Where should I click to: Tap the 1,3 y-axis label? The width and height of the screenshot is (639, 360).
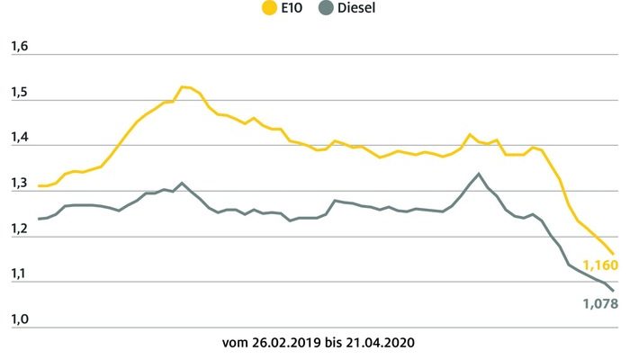[19, 183]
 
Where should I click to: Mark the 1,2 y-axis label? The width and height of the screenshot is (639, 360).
[19, 228]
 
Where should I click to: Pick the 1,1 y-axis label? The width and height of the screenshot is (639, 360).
[19, 274]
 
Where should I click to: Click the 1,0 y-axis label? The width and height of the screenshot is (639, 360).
[19, 319]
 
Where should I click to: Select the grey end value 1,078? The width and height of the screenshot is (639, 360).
[600, 304]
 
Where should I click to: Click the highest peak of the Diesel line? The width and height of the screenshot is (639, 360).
[478, 174]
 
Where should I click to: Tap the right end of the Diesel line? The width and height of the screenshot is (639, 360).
[614, 290]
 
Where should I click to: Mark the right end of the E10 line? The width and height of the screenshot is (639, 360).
[614, 254]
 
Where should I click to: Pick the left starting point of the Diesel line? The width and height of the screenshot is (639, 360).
[39, 220]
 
